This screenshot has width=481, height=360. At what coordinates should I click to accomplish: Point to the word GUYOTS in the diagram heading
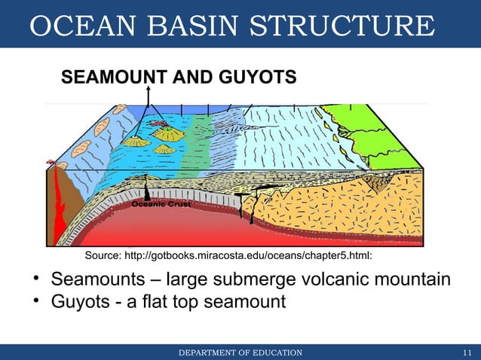[256, 78]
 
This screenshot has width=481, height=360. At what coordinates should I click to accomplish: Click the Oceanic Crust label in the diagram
[161, 204]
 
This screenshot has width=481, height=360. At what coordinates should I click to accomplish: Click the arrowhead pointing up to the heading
[149, 89]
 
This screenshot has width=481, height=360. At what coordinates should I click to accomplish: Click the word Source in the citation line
[104, 255]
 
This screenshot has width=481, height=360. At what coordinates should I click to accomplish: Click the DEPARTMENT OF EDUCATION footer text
[240, 352]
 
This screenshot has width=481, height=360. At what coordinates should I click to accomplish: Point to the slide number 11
[467, 352]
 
